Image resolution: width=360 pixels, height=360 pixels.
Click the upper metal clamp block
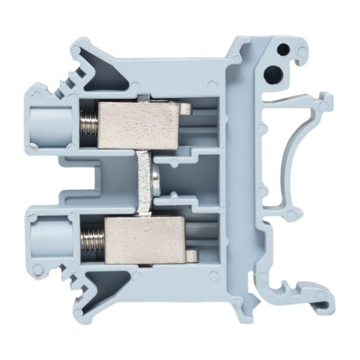[x=137, y=122]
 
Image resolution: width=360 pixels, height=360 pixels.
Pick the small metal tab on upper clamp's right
[x=185, y=109]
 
